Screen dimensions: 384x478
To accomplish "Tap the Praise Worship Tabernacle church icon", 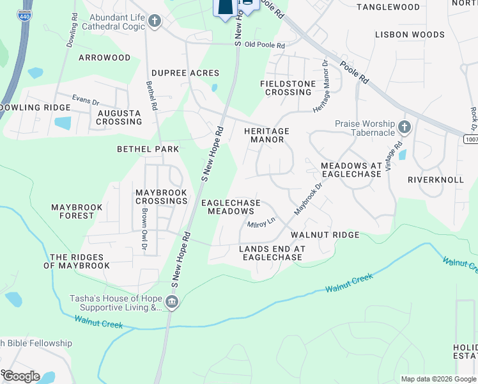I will (x=404, y=126).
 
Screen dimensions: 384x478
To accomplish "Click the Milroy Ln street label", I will (x=261, y=222).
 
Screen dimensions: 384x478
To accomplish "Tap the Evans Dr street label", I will (x=86, y=100).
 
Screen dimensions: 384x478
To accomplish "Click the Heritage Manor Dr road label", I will (x=321, y=88).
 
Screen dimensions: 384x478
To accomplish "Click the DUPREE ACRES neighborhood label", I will (x=185, y=73).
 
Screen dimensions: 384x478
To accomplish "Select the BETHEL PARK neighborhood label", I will (x=148, y=149).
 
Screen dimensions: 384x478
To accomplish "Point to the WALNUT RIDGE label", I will (x=325, y=235).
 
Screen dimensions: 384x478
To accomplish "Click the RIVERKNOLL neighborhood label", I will (x=436, y=180).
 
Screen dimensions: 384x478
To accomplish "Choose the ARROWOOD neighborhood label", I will (x=104, y=58).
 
